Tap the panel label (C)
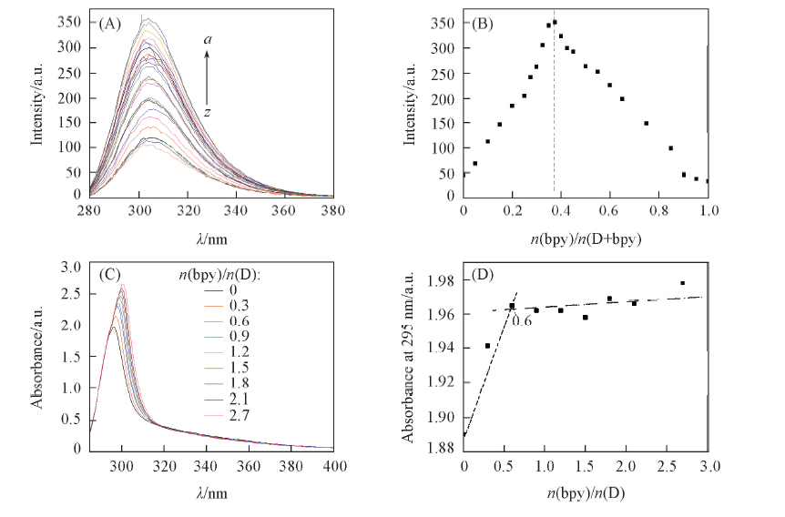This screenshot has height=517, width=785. click(x=111, y=274)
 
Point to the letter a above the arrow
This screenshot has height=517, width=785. click(x=208, y=40)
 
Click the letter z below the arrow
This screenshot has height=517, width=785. click(x=208, y=112)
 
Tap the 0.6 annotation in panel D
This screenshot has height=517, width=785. click(x=522, y=319)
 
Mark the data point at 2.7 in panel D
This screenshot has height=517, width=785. click(x=682, y=283)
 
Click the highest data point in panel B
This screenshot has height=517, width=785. click(x=555, y=22)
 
